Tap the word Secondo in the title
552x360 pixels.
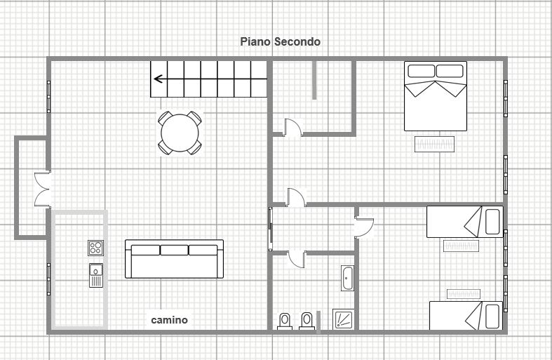tap(297, 41)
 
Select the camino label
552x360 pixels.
tap(169, 320)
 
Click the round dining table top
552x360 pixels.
tap(180, 133)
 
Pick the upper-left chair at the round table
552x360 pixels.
tap(165, 118)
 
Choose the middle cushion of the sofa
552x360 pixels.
tap(174, 250)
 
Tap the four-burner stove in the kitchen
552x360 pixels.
tap(96, 248)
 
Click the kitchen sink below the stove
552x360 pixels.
tap(96, 276)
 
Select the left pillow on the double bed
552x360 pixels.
tap(421, 71)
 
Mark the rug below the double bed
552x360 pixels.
tap(434, 144)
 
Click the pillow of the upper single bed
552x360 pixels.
tap(492, 222)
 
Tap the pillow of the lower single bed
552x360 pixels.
tap(492, 316)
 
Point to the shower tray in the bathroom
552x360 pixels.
tap(343, 319)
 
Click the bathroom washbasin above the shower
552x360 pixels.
tap(348, 279)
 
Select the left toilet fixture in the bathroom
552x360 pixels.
tap(285, 321)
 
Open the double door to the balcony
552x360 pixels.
tap(43, 189)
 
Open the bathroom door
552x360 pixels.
tap(297, 259)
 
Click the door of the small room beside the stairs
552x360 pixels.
tap(293, 127)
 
